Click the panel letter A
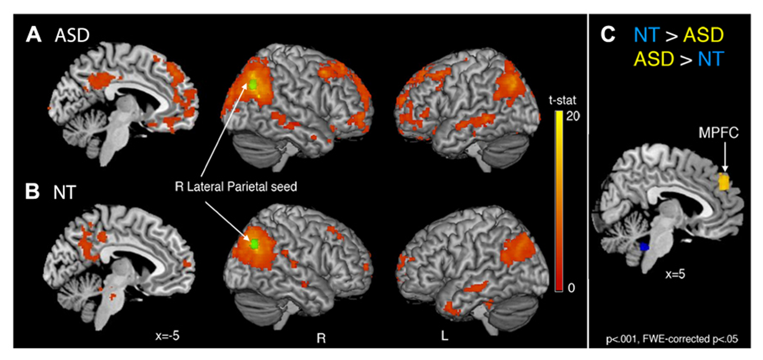click(x=33, y=35)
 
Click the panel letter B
click(x=32, y=191)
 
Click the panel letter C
click(x=608, y=35)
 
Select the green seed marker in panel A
click(x=253, y=85)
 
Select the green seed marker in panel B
click(x=255, y=244)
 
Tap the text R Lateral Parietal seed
click(x=236, y=186)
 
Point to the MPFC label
click(x=718, y=133)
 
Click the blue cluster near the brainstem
click(x=644, y=247)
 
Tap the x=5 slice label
click(x=675, y=274)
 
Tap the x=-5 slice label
click(x=167, y=336)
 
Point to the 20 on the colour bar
click(x=573, y=116)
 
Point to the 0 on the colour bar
click(x=571, y=288)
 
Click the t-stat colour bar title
click(x=562, y=100)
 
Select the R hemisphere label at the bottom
click(x=321, y=338)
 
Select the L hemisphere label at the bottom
click(x=445, y=336)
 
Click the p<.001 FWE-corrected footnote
click(x=672, y=339)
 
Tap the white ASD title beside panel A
click(x=72, y=36)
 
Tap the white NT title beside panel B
click(x=64, y=192)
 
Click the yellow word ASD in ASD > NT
click(x=654, y=59)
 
